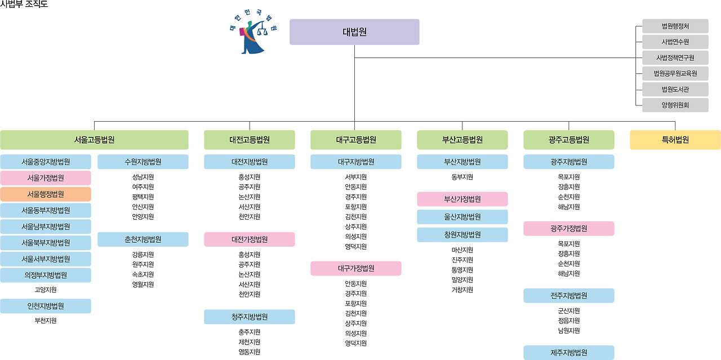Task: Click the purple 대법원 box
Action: pyautogui.click(x=354, y=32)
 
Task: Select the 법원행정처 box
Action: pyautogui.click(x=675, y=26)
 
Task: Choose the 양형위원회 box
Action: pyautogui.click(x=675, y=105)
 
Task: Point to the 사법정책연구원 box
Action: pyautogui.click(x=675, y=57)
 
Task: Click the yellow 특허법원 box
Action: pyautogui.click(x=675, y=140)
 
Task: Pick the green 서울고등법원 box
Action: pyautogui.click(x=94, y=140)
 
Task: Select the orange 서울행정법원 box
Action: pyautogui.click(x=46, y=194)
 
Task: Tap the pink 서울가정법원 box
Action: pyautogui.click(x=46, y=178)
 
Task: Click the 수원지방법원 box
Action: pyautogui.click(x=143, y=162)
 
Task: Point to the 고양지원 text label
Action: pyautogui.click(x=46, y=290)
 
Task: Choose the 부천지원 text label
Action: pyautogui.click(x=46, y=321)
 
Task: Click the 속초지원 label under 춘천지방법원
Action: pyautogui.click(x=143, y=274)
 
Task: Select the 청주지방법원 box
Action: pyautogui.click(x=250, y=317)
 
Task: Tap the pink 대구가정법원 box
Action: pyautogui.click(x=356, y=268)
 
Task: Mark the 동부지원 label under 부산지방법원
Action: pyautogui.click(x=462, y=177)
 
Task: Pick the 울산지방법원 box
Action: pyautogui.click(x=462, y=217)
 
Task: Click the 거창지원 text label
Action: pyautogui.click(x=462, y=290)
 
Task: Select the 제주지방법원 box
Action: pyautogui.click(x=569, y=353)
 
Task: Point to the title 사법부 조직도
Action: pyautogui.click(x=24, y=5)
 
